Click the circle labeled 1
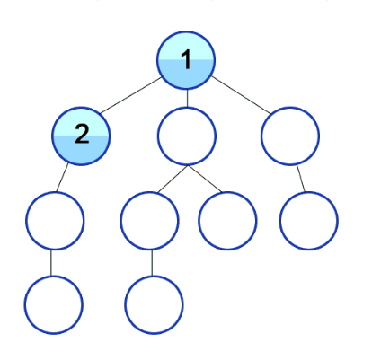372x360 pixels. [x=186, y=60]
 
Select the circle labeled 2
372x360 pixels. [x=81, y=136]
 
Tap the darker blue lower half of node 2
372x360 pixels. [x=81, y=150]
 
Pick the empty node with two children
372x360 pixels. [x=187, y=136]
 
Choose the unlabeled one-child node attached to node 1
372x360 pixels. [x=290, y=136]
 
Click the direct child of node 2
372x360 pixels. [x=55, y=221]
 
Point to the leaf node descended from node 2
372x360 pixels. [x=54, y=305]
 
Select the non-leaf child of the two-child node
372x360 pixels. [x=150, y=221]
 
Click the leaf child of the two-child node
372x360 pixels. [x=227, y=221]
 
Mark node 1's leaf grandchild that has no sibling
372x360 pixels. [x=309, y=221]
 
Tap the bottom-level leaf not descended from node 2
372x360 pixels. [x=154, y=305]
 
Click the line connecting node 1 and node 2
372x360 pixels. [x=131, y=95]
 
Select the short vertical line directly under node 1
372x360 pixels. [x=187, y=99]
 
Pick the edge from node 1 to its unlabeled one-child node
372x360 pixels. [x=241, y=95]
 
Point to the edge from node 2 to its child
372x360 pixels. [x=62, y=178]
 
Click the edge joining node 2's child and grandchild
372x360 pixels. [x=51, y=263]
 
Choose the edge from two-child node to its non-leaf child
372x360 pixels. [x=173, y=179]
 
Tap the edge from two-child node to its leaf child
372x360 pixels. [x=205, y=179]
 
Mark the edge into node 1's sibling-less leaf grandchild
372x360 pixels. [x=301, y=179]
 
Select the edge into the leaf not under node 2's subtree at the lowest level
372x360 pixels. [x=152, y=263]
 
